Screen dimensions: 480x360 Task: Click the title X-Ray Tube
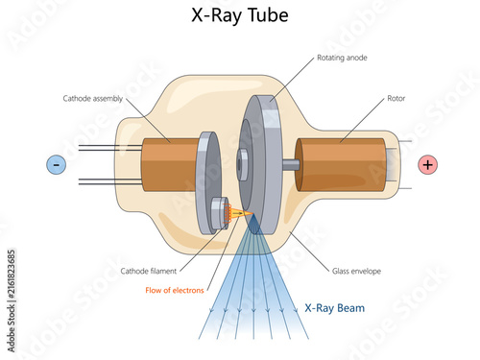pos(240,15)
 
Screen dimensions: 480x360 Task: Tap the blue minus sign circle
pos(57,165)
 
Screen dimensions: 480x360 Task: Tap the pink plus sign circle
pos(428,165)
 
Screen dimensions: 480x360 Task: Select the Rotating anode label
pos(342,58)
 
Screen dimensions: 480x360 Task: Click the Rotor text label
pos(396,98)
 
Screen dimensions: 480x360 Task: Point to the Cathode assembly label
pos(93,98)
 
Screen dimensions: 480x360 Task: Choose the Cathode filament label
pos(149,271)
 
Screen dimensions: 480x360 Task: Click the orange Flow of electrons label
pos(175,290)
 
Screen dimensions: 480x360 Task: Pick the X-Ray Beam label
pos(335,308)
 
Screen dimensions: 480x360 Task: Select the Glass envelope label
pos(356,271)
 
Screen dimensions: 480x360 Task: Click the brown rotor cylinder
pos(341,165)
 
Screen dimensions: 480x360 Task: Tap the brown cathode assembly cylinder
pos(170,165)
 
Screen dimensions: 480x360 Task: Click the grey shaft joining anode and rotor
pos(291,165)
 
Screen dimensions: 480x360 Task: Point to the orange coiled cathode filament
pos(227,213)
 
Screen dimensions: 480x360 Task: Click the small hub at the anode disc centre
pos(242,164)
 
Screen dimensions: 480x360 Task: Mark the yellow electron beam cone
pos(242,213)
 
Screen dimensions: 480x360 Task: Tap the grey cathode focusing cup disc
pos(208,182)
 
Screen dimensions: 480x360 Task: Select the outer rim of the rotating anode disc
pos(273,164)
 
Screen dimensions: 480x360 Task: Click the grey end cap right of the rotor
pos(393,165)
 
